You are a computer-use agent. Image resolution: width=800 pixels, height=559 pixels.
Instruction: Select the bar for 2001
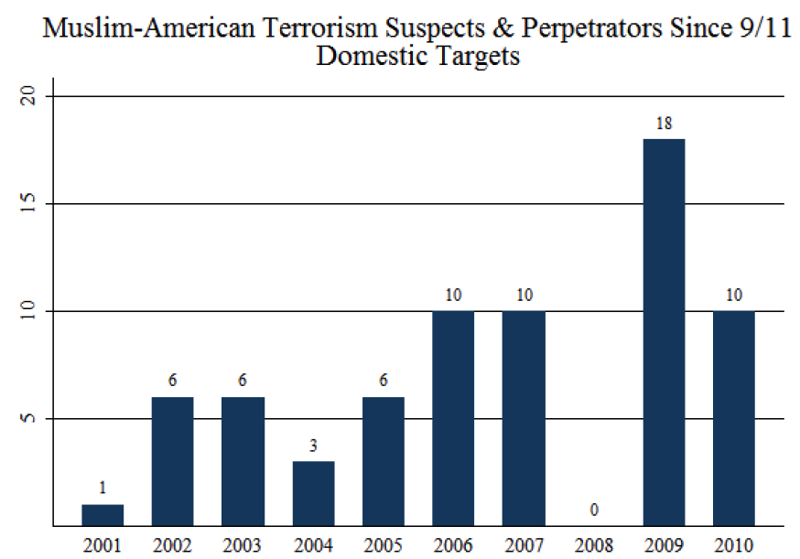click(x=103, y=515)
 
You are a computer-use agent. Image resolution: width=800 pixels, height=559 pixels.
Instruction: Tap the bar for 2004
click(x=313, y=494)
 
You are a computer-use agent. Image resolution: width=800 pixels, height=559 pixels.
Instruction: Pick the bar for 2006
click(x=453, y=418)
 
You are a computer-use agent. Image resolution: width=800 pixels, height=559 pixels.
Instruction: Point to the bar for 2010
click(x=734, y=418)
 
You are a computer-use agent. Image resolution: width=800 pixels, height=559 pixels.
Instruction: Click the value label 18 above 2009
click(x=664, y=122)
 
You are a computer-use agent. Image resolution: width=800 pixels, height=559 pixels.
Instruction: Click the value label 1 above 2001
click(x=103, y=488)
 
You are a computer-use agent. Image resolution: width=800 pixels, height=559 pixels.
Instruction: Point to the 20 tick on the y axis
click(x=28, y=96)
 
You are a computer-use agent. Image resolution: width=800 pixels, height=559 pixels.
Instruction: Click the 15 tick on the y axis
click(x=28, y=203)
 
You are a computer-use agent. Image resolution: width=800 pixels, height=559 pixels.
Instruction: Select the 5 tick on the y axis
click(x=28, y=418)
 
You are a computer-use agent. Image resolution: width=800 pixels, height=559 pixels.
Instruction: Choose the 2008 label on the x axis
click(x=594, y=545)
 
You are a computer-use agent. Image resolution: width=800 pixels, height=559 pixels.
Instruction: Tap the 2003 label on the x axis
click(x=243, y=545)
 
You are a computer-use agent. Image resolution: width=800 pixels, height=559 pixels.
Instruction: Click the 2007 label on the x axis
click(x=524, y=545)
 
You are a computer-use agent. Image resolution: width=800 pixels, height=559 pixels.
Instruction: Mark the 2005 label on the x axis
click(x=383, y=545)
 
